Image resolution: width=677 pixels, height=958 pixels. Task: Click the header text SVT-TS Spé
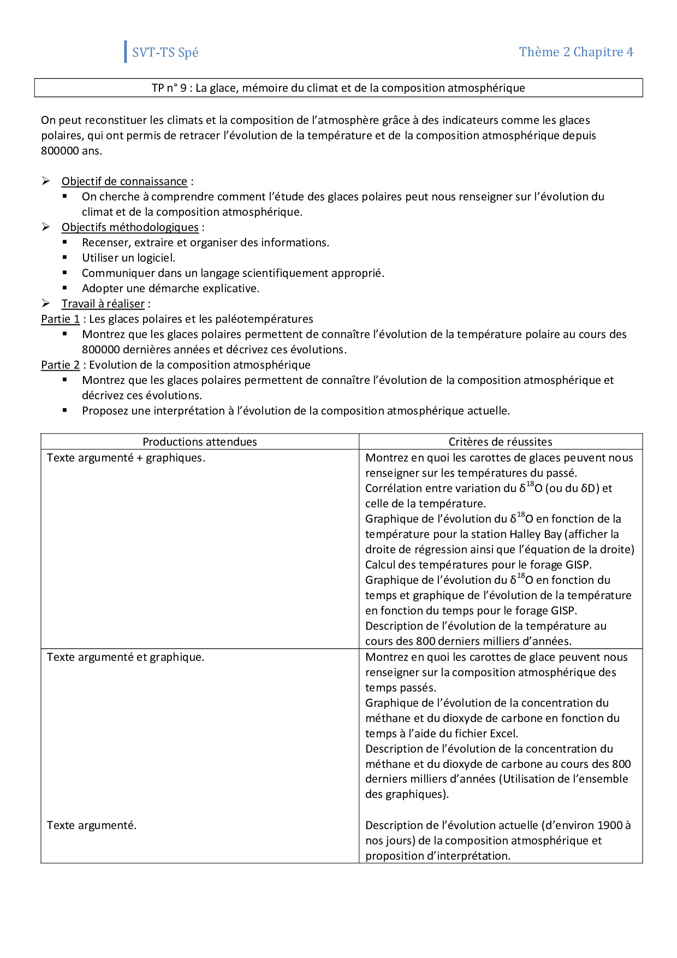pyautogui.click(x=165, y=52)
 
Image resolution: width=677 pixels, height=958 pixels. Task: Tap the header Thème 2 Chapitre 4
pyautogui.click(x=576, y=52)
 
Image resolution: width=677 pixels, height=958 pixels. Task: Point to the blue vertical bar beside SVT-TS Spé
pyautogui.click(x=126, y=52)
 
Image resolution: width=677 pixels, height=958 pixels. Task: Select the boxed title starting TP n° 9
pyautogui.click(x=338, y=88)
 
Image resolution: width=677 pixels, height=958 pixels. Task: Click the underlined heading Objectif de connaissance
pyautogui.click(x=124, y=181)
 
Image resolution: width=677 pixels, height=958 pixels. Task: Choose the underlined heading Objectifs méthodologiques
pyautogui.click(x=130, y=227)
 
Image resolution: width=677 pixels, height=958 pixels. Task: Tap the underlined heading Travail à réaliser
pyautogui.click(x=103, y=304)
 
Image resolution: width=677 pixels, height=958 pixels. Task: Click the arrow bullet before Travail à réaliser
pyautogui.click(x=46, y=303)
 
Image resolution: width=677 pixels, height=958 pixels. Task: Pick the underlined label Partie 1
pyautogui.click(x=60, y=319)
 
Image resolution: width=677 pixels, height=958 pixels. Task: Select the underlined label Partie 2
pyautogui.click(x=60, y=365)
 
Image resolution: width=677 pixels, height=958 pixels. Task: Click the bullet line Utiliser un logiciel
pyautogui.click(x=128, y=258)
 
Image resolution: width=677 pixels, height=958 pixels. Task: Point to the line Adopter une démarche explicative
pyautogui.click(x=170, y=288)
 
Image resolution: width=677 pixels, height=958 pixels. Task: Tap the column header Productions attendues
pyautogui.click(x=200, y=442)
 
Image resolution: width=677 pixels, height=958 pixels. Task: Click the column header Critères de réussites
pyautogui.click(x=500, y=442)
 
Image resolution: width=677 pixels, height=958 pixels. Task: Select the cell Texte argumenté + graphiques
pyautogui.click(x=126, y=458)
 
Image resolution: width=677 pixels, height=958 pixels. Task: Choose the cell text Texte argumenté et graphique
pyautogui.click(x=126, y=657)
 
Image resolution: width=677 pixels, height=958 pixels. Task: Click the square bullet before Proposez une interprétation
pyautogui.click(x=65, y=410)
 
